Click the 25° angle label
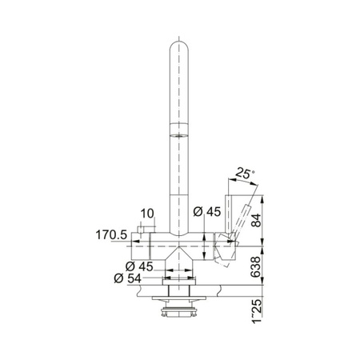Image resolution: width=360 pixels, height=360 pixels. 243,174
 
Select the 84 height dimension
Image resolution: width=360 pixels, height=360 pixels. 257,220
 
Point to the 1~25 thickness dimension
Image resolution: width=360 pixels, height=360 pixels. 257,311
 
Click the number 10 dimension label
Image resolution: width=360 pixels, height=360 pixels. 147,214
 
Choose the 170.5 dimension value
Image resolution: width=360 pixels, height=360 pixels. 111,235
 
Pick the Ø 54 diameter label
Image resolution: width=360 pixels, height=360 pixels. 127,278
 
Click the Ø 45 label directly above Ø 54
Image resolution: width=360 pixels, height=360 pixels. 139,266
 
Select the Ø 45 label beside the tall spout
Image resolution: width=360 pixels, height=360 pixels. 207,212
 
